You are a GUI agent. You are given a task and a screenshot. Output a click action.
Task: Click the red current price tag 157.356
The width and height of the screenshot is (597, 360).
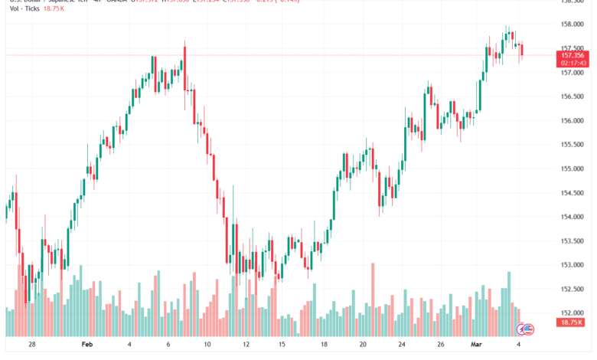[573, 55]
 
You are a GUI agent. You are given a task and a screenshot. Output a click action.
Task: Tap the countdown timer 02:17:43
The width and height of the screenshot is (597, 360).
[573, 63]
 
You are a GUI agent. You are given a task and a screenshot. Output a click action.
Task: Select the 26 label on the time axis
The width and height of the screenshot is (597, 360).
[442, 345]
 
